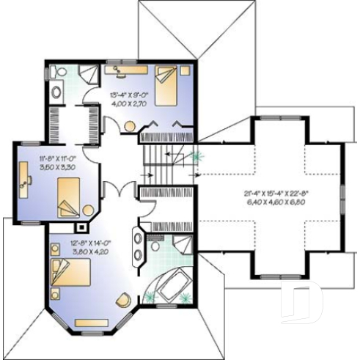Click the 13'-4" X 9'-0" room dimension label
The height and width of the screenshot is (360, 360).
click(129, 95)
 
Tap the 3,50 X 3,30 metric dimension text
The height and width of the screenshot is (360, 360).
click(58, 167)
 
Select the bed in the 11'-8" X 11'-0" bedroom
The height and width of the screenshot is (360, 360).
click(71, 196)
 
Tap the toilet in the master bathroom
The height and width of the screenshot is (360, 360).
click(155, 247)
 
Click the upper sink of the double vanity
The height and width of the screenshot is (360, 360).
click(137, 238)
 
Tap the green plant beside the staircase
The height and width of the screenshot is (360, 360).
click(196, 156)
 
